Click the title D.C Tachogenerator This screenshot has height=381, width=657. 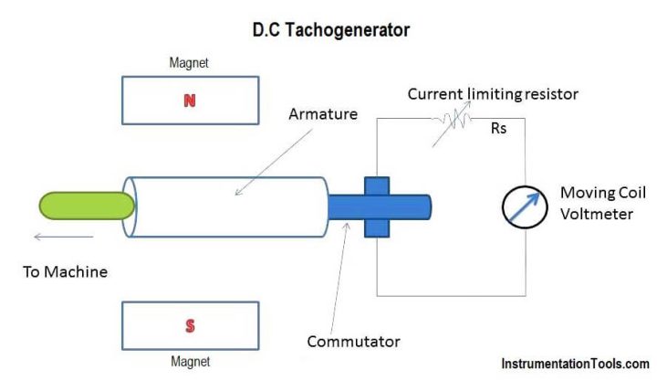pyautogui.click(x=331, y=29)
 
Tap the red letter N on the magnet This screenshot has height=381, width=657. pyautogui.click(x=189, y=101)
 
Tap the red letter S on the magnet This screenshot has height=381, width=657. pyautogui.click(x=189, y=325)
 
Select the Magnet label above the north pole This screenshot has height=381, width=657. pyautogui.click(x=189, y=64)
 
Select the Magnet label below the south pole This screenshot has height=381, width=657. pyautogui.click(x=189, y=362)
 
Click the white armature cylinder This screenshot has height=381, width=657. pyautogui.click(x=228, y=205)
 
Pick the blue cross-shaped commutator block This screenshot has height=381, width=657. pyautogui.click(x=377, y=206)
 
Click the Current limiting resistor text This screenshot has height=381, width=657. pyautogui.click(x=493, y=94)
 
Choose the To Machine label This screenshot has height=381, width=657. pyautogui.click(x=66, y=271)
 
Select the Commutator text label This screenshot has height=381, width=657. pyautogui.click(x=353, y=342)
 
